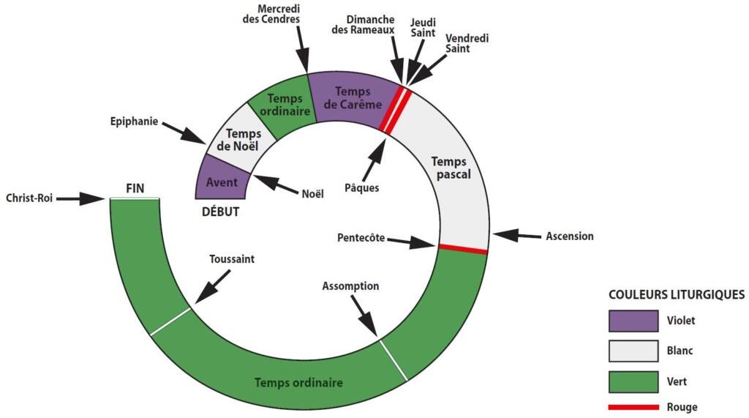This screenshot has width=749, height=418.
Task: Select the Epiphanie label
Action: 134,122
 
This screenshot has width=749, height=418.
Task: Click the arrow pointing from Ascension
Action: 515,236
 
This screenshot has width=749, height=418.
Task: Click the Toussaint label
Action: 231,258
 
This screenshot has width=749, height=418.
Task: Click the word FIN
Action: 135,188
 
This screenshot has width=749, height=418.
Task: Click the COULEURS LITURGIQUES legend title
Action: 677,294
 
